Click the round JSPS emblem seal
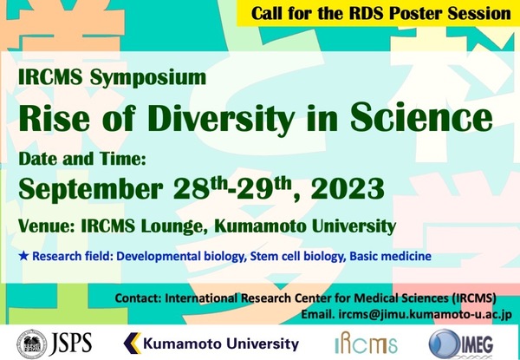point(32,344)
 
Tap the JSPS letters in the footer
point(71,344)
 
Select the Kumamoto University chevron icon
point(133,343)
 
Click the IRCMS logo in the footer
point(366,343)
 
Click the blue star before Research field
point(23,256)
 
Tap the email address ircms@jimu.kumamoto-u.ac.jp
point(426,314)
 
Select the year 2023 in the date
point(348,188)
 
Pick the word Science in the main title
point(421,117)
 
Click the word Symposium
point(148,78)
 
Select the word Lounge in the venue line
point(175,227)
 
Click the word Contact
point(138,298)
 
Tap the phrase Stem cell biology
point(297,257)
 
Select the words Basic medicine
point(391,256)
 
